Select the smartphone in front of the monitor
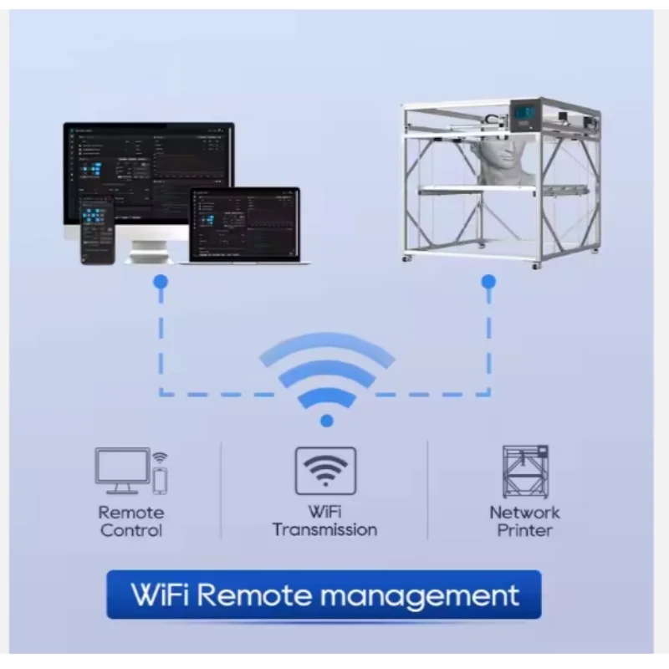tap(97, 229)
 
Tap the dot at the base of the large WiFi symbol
tap(326, 421)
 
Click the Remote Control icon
tap(130, 472)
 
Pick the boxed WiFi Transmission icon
tap(325, 471)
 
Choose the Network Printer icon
tap(524, 472)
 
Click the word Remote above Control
tap(131, 513)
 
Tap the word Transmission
tap(324, 529)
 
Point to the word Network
tap(524, 513)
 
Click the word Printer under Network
tap(524, 530)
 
